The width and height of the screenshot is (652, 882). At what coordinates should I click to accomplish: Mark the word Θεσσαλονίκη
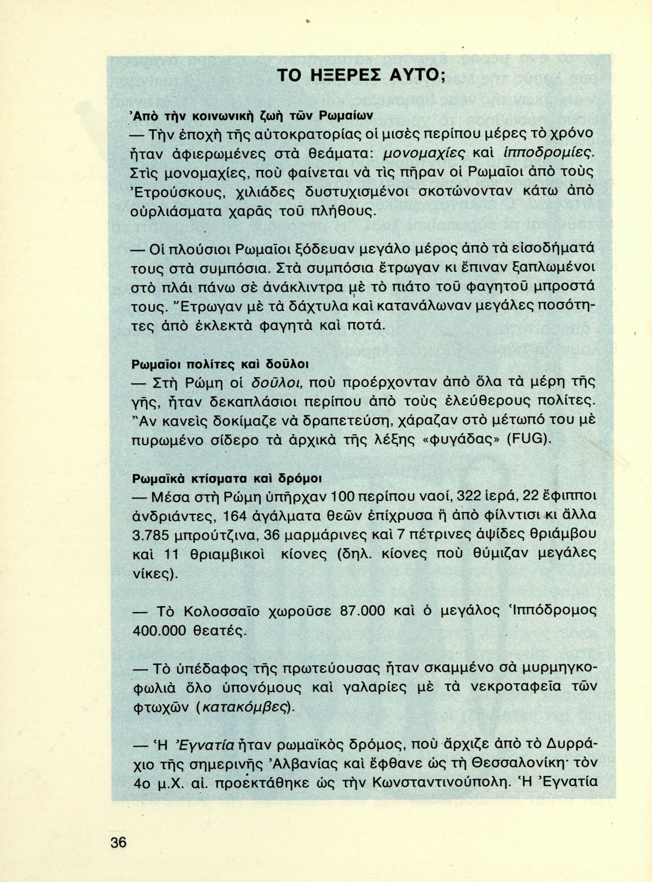coord(501,763)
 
